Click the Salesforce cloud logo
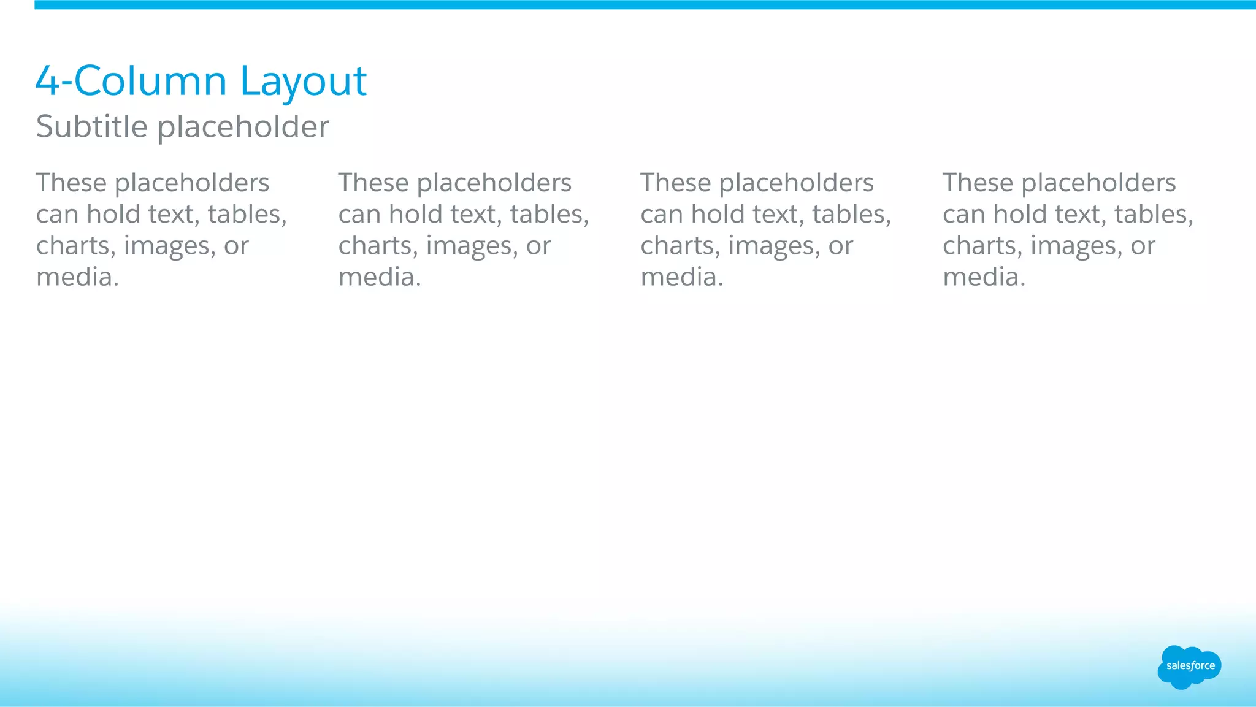tap(1189, 667)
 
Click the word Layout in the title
tap(303, 82)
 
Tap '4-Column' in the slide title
tap(131, 82)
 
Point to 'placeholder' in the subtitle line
tap(243, 127)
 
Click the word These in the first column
tap(71, 183)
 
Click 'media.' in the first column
tap(77, 277)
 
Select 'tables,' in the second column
tap(549, 215)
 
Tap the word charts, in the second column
tap(378, 246)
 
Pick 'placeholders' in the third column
tap(796, 183)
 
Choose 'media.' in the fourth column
tap(984, 277)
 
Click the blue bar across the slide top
tap(644, 5)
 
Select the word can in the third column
tap(662, 215)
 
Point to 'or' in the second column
tap(538, 246)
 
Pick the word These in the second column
tap(373, 183)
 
